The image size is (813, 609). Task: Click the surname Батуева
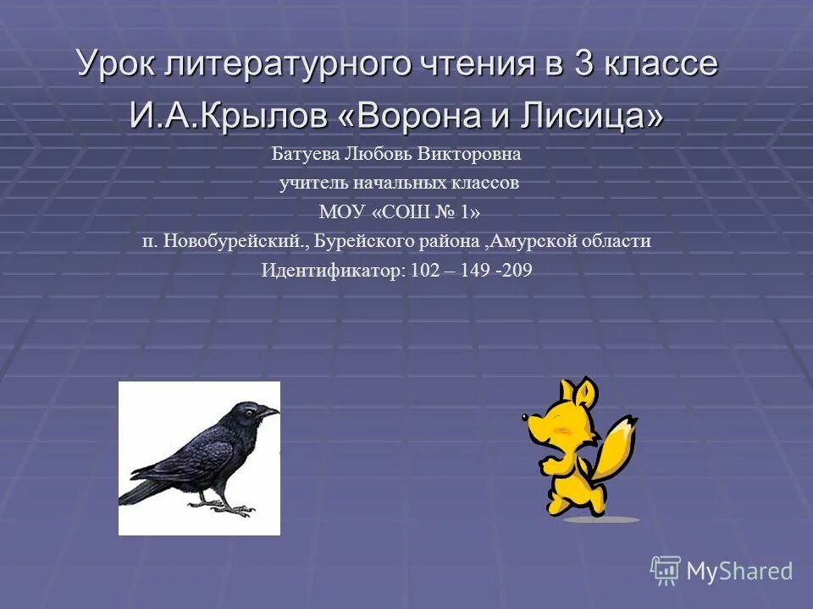305,155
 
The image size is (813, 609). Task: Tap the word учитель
312,183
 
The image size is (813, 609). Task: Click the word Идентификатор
334,271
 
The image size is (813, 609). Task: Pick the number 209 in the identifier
516,271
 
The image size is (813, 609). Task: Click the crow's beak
269,412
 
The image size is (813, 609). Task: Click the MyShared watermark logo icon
666,570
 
